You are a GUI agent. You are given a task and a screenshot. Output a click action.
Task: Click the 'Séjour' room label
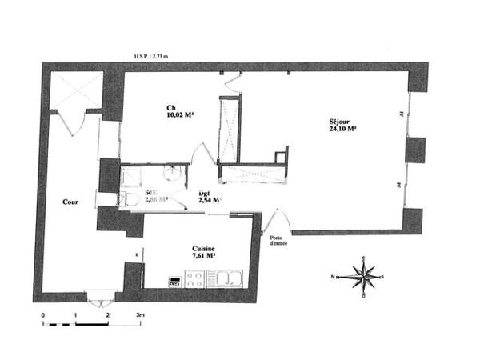click(341, 122)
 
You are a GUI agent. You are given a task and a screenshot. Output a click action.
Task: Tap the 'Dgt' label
click(204, 194)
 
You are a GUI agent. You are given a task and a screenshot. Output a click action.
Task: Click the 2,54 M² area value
click(209, 201)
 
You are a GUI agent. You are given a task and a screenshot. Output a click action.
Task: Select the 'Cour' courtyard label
click(70, 202)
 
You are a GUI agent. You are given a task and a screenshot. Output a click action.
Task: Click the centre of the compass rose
click(365, 277)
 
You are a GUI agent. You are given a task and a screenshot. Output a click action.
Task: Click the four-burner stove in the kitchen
click(194, 278)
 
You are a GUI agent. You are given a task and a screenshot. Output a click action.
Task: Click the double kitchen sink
click(230, 278)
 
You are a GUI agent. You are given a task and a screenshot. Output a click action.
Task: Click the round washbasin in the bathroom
click(172, 172)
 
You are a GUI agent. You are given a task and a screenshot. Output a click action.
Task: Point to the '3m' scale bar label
click(139, 315)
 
